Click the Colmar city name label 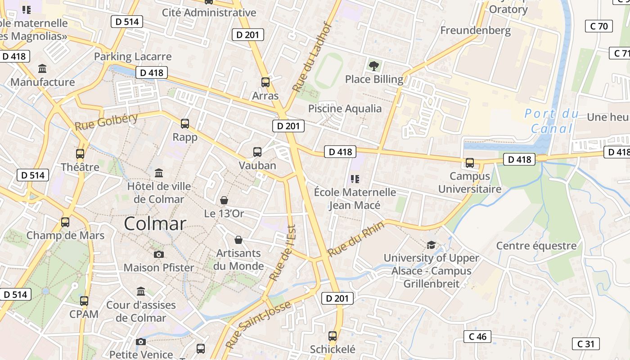pyautogui.click(x=155, y=224)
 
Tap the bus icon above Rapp pyautogui.click(x=184, y=124)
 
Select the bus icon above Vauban pyautogui.click(x=257, y=152)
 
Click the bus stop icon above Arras pyautogui.click(x=265, y=82)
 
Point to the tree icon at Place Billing pyautogui.click(x=373, y=66)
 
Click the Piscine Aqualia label pyautogui.click(x=345, y=108)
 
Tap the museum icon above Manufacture pyautogui.click(x=43, y=69)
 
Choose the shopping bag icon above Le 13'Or pyautogui.click(x=224, y=200)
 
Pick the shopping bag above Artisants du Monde pyautogui.click(x=238, y=240)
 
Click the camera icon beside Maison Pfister pyautogui.click(x=158, y=255)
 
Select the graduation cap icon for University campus pyautogui.click(x=431, y=245)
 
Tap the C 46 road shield pyautogui.click(x=477, y=337)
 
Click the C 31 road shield pyautogui.click(x=585, y=344)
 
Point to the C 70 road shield pyautogui.click(x=598, y=26)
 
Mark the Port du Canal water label pyautogui.click(x=552, y=121)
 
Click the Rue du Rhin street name pyautogui.click(x=355, y=239)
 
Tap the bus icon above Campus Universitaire pyautogui.click(x=470, y=163)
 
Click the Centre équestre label pyautogui.click(x=536, y=246)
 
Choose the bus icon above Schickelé pyautogui.click(x=333, y=336)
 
